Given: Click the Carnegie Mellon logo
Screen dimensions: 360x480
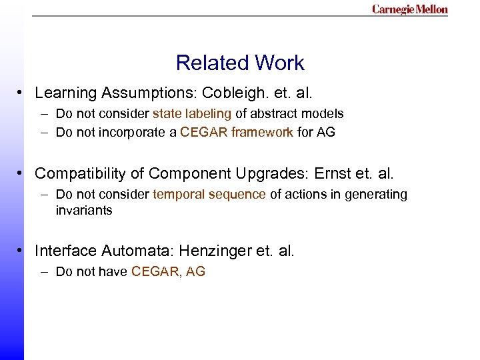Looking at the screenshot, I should click(409, 9).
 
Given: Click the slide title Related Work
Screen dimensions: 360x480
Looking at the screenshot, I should click(240, 63).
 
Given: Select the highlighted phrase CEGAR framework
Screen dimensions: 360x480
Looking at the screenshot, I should click(237, 132).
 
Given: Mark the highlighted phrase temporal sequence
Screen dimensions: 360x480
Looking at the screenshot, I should click(209, 194).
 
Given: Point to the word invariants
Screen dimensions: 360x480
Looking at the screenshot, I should click(84, 210).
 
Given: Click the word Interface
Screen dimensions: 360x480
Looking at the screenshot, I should click(65, 251).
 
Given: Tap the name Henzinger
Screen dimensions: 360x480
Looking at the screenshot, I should click(213, 251).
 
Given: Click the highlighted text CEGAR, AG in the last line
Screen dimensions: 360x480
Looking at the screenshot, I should click(169, 271).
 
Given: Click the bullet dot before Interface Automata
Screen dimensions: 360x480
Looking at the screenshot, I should click(22, 251).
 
